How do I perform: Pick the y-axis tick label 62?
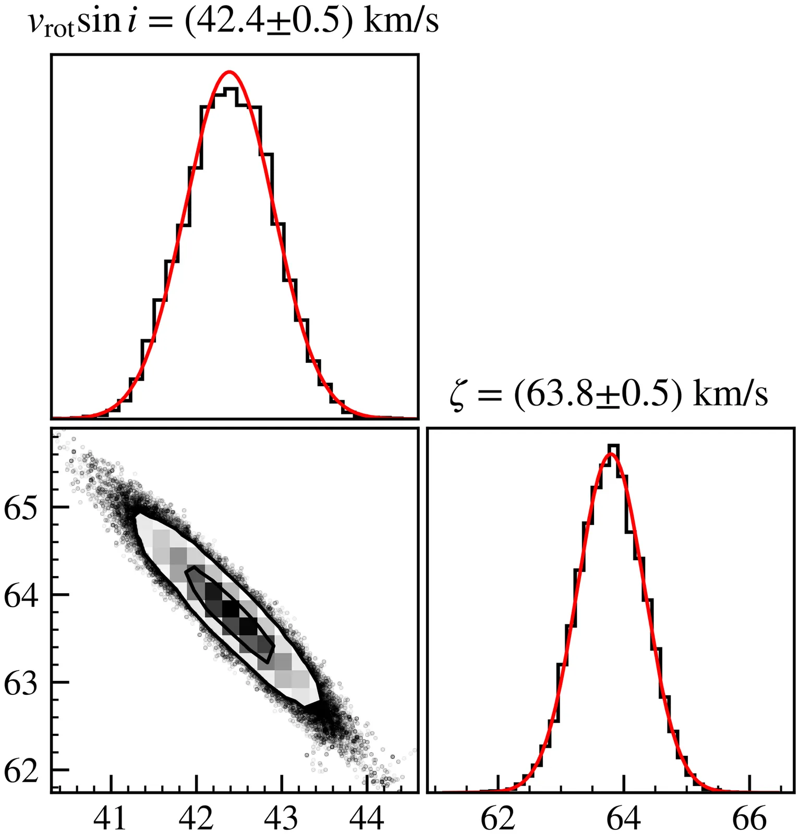coord(21,770)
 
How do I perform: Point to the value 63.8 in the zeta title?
coord(554,395)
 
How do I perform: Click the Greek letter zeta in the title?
coord(458,397)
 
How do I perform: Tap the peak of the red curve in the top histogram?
coord(229,72)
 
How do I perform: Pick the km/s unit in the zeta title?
coord(730,395)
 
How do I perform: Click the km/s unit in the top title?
coord(401,21)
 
